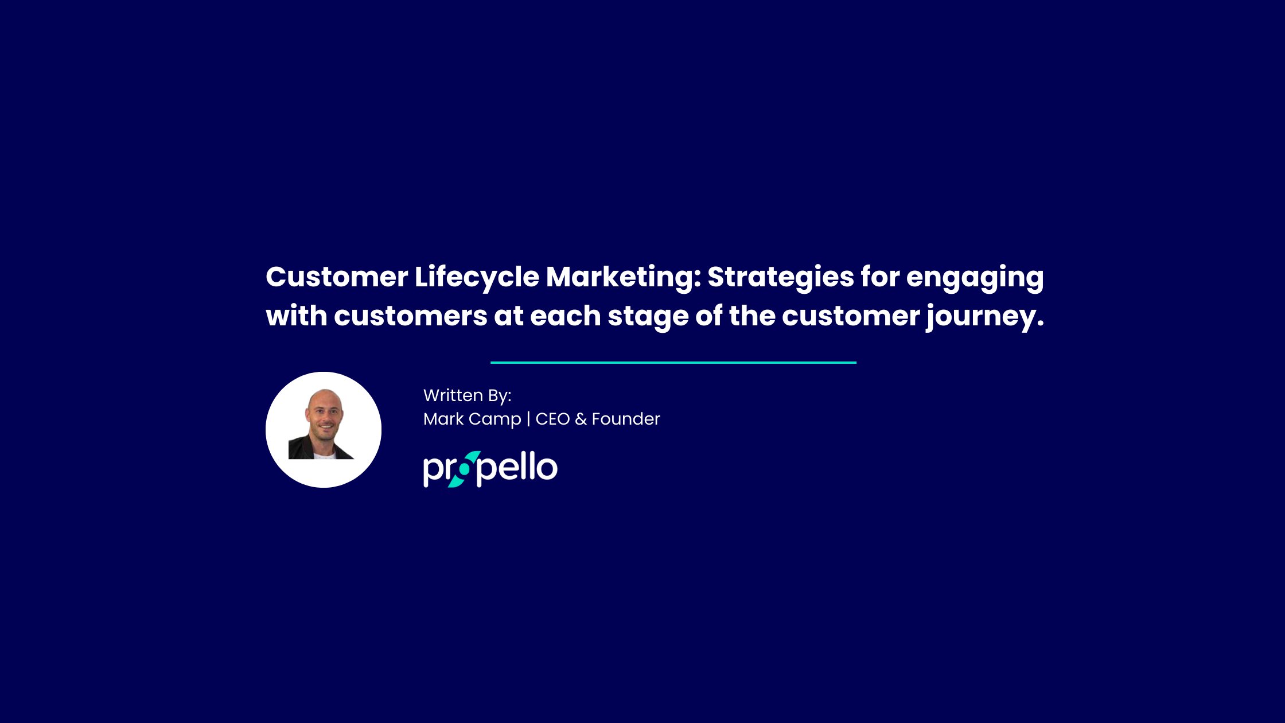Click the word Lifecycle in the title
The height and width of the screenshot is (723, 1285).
(477, 278)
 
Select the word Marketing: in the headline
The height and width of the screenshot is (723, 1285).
(624, 278)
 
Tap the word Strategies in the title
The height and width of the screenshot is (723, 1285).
(781, 278)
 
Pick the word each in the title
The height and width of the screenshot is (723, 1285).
(565, 316)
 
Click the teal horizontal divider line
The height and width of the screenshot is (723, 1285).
(673, 363)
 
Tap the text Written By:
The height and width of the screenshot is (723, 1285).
(467, 395)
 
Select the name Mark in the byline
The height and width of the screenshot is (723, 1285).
(443, 419)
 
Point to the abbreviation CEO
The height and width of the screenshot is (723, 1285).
(552, 419)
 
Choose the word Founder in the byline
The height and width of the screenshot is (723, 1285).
(626, 419)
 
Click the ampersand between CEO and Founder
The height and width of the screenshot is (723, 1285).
(581, 419)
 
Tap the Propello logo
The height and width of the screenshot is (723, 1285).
(490, 469)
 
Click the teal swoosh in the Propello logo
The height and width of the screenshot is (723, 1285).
(464, 469)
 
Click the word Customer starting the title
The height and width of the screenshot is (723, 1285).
(337, 278)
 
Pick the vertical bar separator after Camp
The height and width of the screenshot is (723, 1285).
(528, 419)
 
